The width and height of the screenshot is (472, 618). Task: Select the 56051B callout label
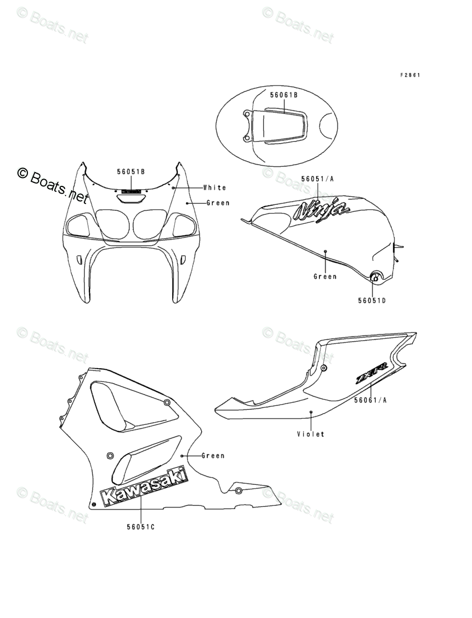pyautogui.click(x=131, y=172)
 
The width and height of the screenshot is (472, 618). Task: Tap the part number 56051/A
pyautogui.click(x=317, y=179)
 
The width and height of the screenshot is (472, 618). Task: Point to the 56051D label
pyautogui.click(x=372, y=301)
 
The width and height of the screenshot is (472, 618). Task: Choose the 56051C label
pyautogui.click(x=141, y=527)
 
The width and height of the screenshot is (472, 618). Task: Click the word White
pyautogui.click(x=214, y=188)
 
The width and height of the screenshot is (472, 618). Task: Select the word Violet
pyautogui.click(x=310, y=434)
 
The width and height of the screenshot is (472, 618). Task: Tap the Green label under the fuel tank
pyautogui.click(x=325, y=276)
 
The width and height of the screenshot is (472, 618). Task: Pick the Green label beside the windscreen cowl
pyautogui.click(x=218, y=203)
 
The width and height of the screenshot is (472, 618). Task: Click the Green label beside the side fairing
pyautogui.click(x=213, y=455)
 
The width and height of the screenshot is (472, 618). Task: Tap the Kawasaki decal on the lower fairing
pyautogui.click(x=144, y=487)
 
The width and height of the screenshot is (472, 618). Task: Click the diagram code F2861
pyautogui.click(x=410, y=75)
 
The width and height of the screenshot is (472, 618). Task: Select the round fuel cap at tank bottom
pyautogui.click(x=376, y=276)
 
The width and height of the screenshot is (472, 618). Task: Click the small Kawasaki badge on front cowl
pyautogui.click(x=131, y=192)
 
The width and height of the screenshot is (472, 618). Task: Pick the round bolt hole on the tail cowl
pyautogui.click(x=323, y=368)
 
